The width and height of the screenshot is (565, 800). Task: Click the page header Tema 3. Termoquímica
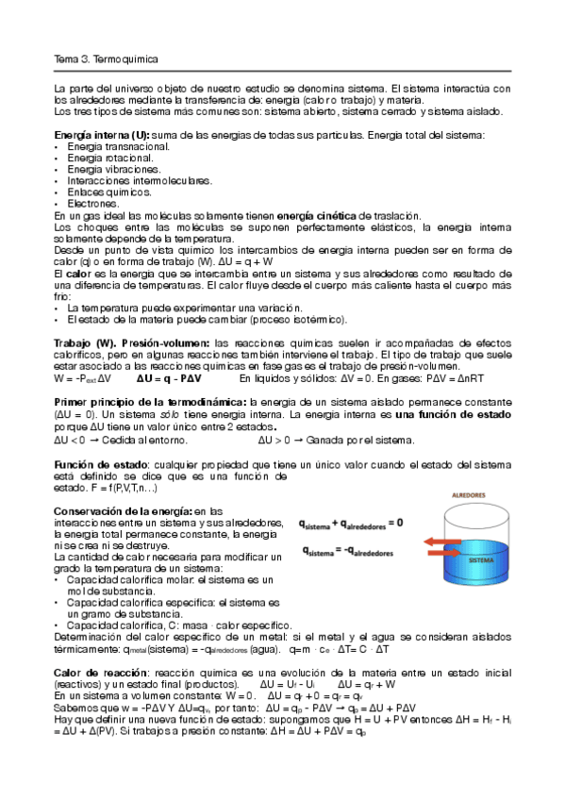tap(105, 58)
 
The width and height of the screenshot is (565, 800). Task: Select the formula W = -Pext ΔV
tap(84, 377)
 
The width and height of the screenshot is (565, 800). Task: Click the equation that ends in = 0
tap(350, 522)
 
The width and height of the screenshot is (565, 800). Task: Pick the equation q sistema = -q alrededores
tap(347, 550)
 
